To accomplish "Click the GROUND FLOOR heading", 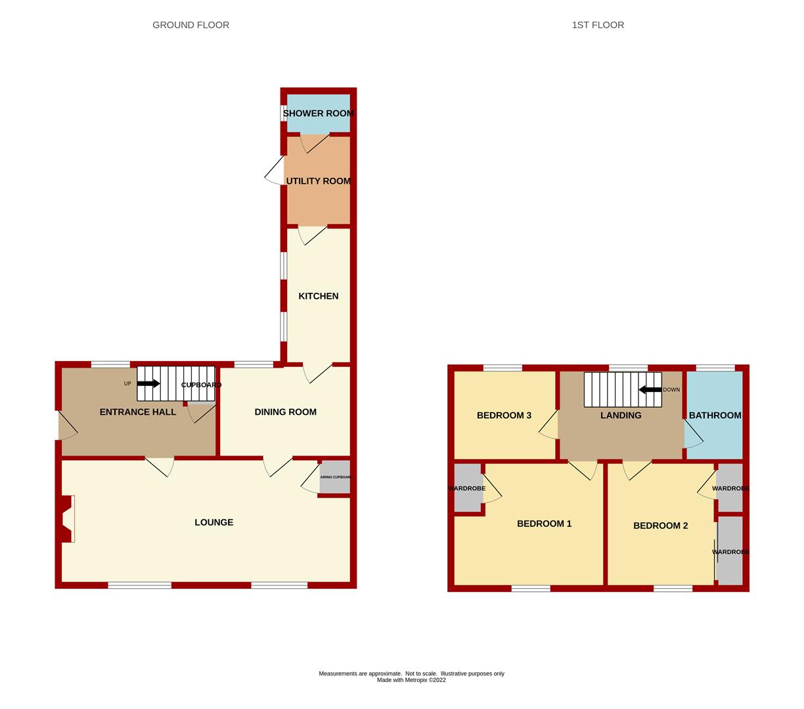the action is coord(190,25).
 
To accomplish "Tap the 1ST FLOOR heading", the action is coord(598,25).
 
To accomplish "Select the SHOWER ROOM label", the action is coord(319,114).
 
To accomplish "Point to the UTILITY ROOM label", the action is coord(319,181).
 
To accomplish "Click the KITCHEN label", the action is coord(319,296).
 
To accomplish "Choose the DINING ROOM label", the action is coord(285,412).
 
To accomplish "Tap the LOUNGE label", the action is coord(214,522).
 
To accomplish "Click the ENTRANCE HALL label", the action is coord(138,412).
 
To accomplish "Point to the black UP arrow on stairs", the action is coord(148,383).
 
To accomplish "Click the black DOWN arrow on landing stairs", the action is coord(650,389).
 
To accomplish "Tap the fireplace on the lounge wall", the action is coord(66,519).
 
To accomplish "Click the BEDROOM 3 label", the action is coord(504,416).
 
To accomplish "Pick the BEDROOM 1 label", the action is coord(544,524).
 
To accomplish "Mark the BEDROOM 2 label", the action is coord(660,526).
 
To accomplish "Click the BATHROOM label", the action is coord(715,416).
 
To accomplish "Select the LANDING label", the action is coord(621,416).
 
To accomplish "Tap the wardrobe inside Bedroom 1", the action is coord(468,488).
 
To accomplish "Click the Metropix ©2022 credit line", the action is coord(411,680).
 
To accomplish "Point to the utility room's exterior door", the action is coord(274,170).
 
